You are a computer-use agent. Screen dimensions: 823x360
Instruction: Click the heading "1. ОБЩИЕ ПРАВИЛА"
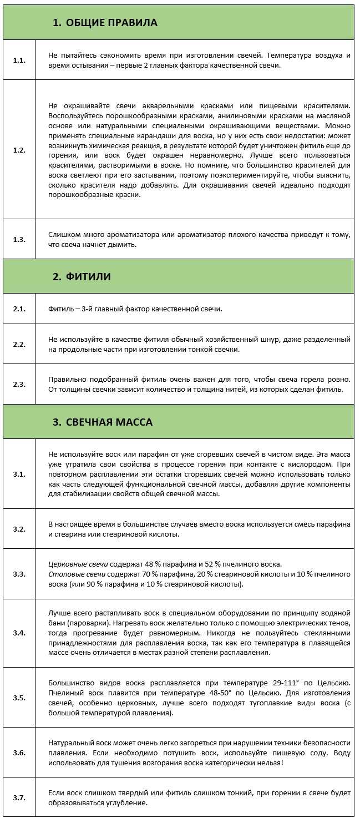click(105, 23)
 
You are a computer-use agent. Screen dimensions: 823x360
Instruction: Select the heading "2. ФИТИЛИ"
click(82, 276)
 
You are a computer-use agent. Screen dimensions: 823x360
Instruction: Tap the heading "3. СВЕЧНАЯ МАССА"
click(102, 422)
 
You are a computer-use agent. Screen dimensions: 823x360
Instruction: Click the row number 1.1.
click(19, 60)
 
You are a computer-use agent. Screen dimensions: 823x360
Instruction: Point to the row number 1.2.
click(19, 150)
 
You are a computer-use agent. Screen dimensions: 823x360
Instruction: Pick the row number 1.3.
click(19, 239)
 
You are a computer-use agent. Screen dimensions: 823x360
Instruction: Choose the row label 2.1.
click(19, 309)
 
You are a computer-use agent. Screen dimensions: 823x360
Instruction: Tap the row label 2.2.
click(19, 344)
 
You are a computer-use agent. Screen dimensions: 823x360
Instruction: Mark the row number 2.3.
click(19, 384)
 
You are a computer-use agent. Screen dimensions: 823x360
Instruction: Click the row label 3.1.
click(19, 474)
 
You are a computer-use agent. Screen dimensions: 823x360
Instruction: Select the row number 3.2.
click(19, 529)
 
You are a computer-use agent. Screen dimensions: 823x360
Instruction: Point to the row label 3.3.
click(19, 574)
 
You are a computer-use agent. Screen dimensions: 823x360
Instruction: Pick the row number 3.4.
click(19, 633)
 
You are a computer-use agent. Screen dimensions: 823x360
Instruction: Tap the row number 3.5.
click(19, 698)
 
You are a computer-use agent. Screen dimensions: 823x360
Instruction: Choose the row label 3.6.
click(19, 753)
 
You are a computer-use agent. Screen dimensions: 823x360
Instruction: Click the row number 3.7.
click(19, 797)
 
